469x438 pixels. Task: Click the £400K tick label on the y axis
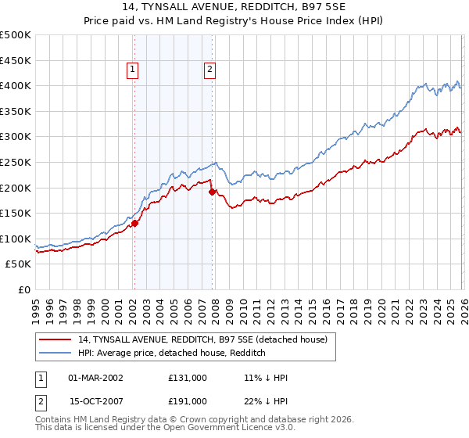[x=16, y=85]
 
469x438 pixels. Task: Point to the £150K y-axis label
[x=16, y=213]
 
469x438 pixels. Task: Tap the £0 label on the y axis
[x=23, y=289]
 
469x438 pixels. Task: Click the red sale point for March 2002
[x=134, y=223]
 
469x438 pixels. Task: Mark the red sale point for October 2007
[x=212, y=192]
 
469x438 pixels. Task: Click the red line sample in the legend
[x=55, y=339]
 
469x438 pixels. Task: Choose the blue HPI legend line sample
[x=55, y=353]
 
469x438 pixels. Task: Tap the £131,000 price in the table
[x=188, y=377]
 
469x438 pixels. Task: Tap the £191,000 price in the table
[x=188, y=400]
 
